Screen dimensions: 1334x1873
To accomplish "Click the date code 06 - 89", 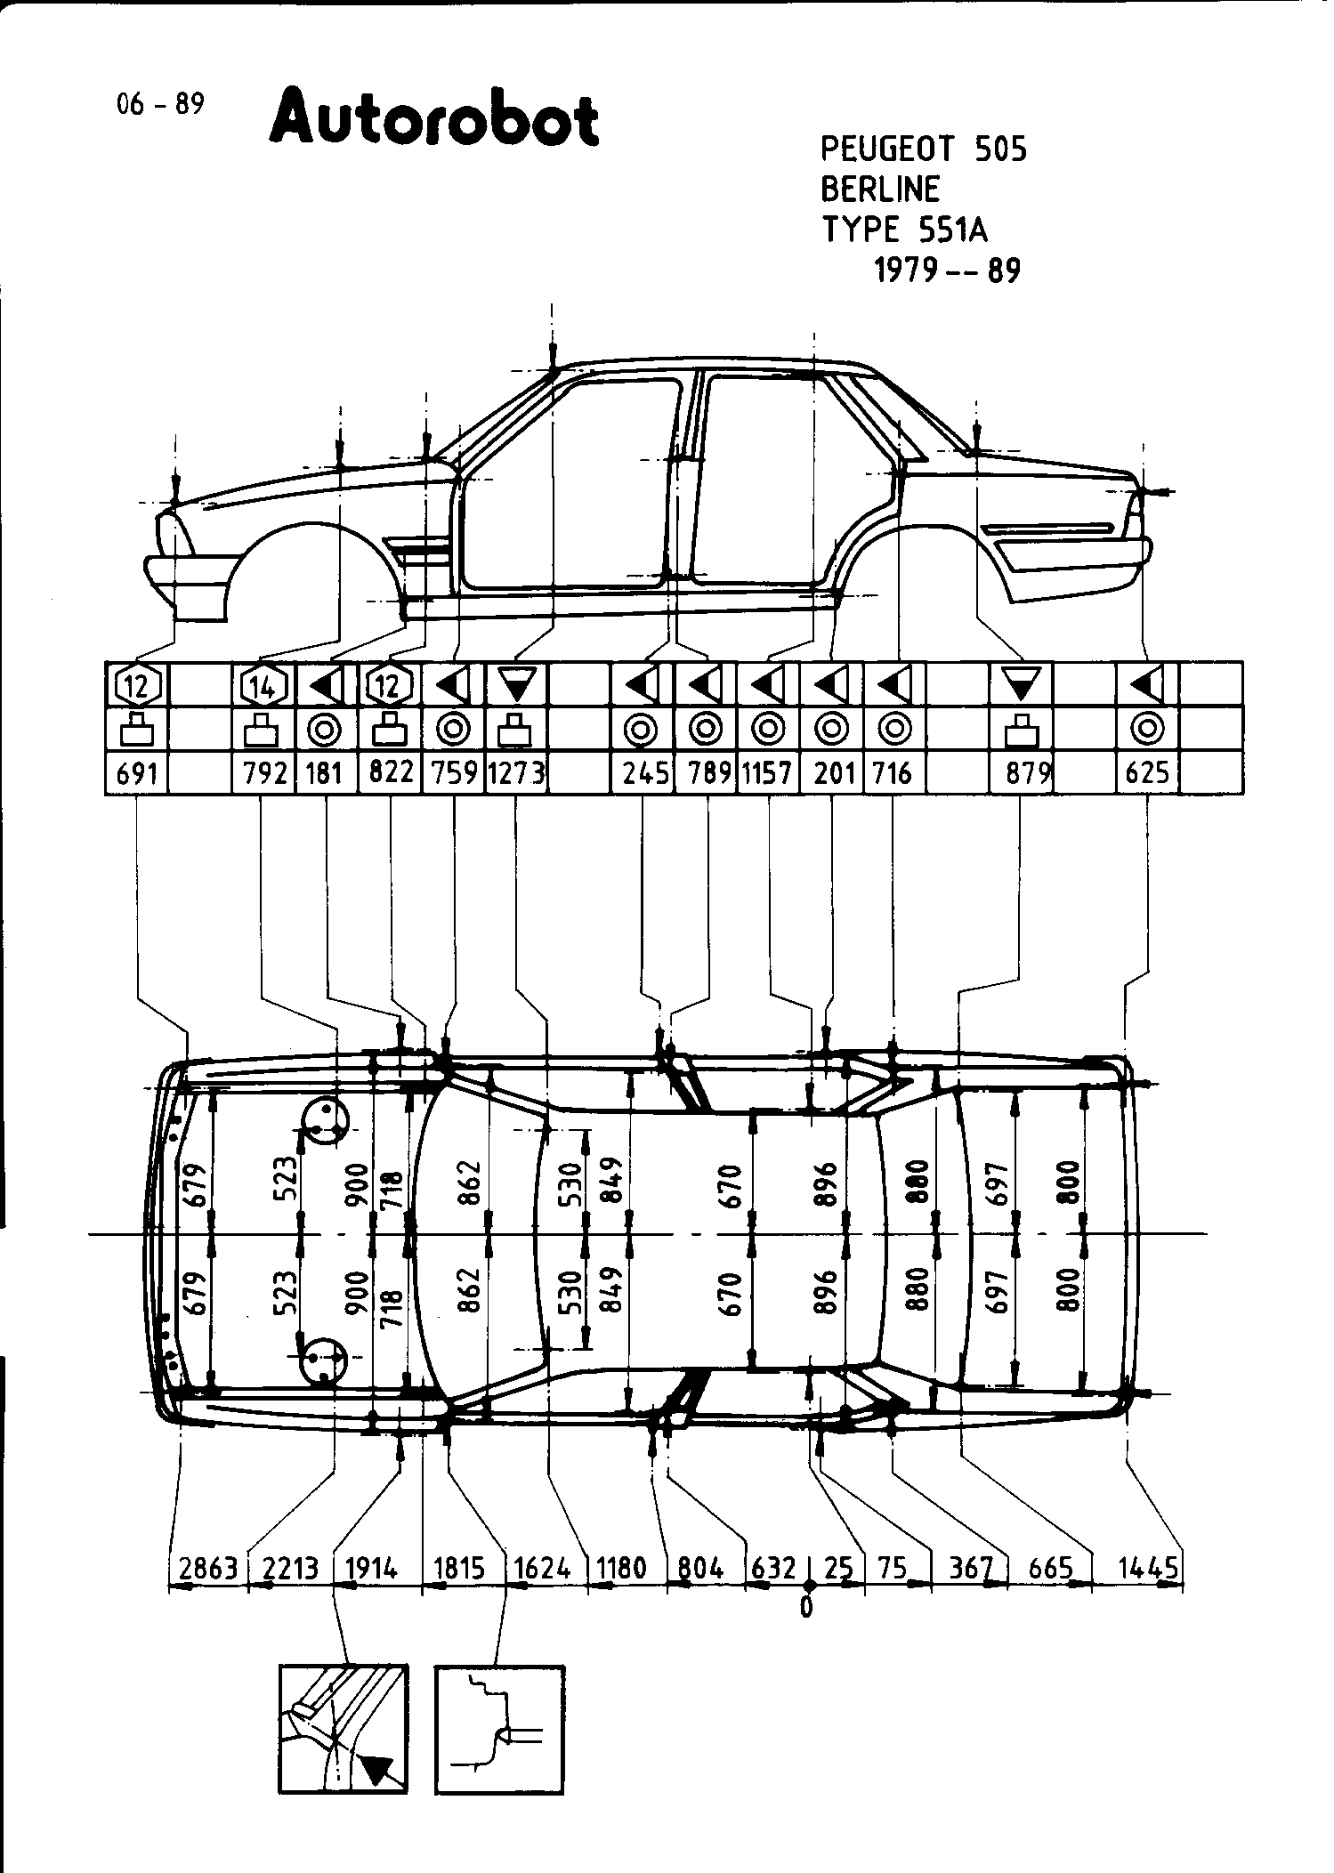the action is pos(160,105).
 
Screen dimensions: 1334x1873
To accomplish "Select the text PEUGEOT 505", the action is pos(923,149).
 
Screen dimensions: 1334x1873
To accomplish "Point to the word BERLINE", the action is pos(880,190).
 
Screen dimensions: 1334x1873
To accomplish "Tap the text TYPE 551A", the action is pos(904,230).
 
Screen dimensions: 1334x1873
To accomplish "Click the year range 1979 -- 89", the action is pos(947,270).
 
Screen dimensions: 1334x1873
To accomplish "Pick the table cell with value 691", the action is pos(137,773).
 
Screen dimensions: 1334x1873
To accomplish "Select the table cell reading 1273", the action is pos(516,773).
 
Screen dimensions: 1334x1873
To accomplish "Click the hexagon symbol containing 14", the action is pos(263,686).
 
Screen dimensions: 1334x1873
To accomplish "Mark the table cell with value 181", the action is pos(325,773).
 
